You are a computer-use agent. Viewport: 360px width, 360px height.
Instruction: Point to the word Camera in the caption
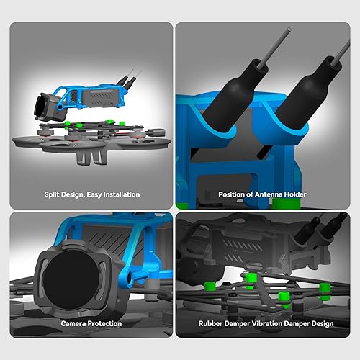[x=74, y=324]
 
